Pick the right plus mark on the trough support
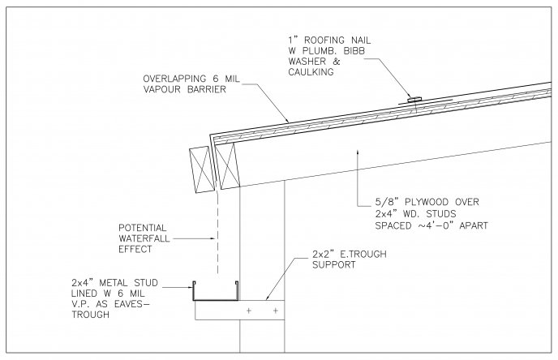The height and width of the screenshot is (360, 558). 276,310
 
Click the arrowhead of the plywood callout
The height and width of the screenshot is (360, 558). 356,152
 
